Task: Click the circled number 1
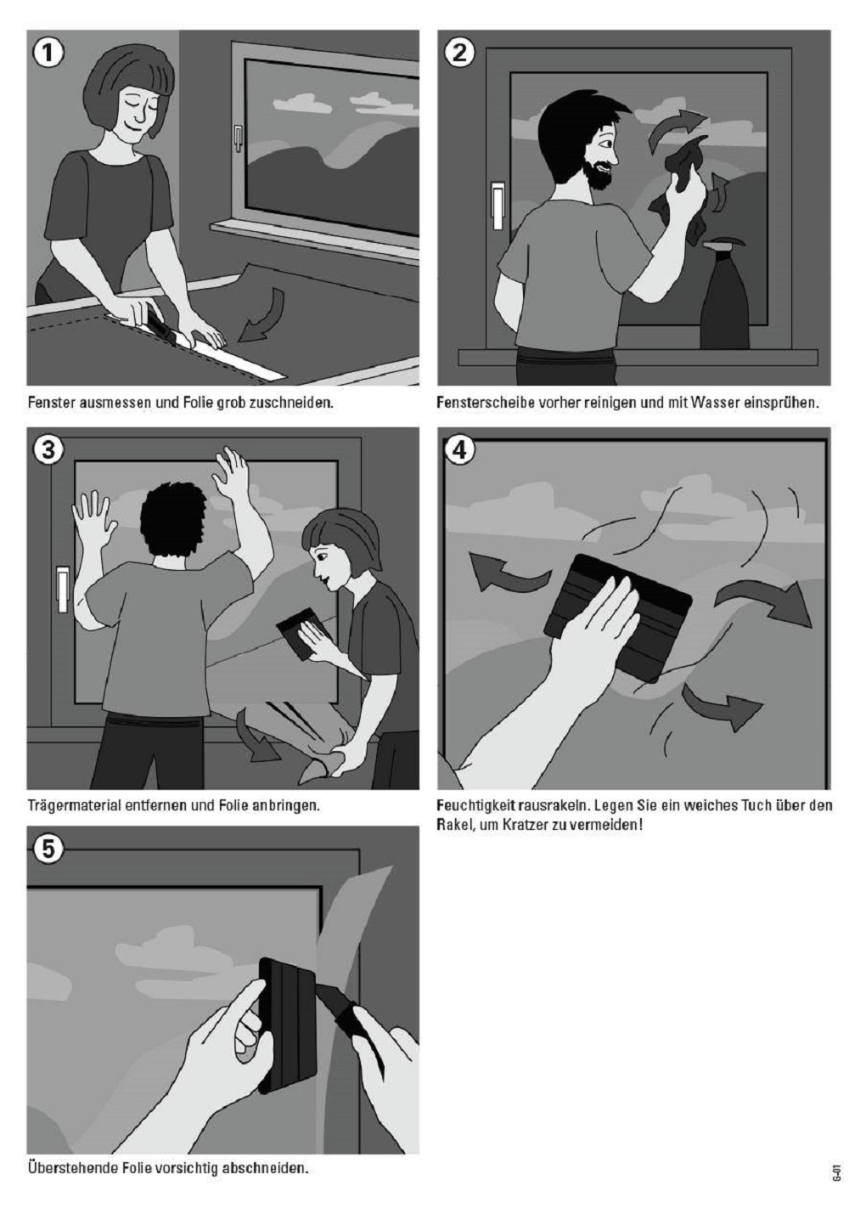(48, 54)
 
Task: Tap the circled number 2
(459, 53)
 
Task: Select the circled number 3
(48, 449)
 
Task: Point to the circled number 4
(459, 449)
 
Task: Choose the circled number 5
(48, 849)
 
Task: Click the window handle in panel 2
(497, 206)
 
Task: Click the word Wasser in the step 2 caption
(710, 403)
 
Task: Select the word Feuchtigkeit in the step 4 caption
(475, 806)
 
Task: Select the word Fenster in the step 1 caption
(51, 403)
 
